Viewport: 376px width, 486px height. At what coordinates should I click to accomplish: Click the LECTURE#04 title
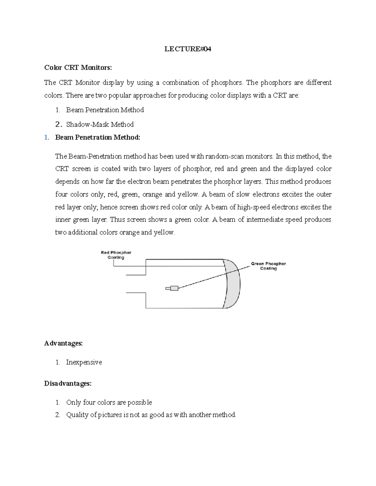pyautogui.click(x=188, y=49)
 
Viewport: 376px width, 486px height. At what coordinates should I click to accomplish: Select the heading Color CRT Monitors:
pyautogui.click(x=78, y=67)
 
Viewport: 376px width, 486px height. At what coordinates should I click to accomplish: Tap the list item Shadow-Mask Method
pyautogui.click(x=100, y=125)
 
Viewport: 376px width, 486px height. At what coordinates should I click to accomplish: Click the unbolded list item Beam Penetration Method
pyautogui.click(x=105, y=110)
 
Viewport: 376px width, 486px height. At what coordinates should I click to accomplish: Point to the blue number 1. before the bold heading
pyautogui.click(x=47, y=137)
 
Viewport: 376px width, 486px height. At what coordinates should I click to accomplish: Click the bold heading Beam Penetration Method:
pyautogui.click(x=97, y=137)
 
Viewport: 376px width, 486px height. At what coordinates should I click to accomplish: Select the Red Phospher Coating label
pyautogui.click(x=116, y=255)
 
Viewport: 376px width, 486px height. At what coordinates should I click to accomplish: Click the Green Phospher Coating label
pyautogui.click(x=268, y=266)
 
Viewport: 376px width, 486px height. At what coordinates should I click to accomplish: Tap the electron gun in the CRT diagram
pyautogui.click(x=172, y=288)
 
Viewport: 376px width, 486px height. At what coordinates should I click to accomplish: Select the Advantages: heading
pyautogui.click(x=63, y=343)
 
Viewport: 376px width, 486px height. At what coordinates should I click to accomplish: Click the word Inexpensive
pyautogui.click(x=84, y=362)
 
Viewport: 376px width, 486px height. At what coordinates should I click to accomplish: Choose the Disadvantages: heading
pyautogui.click(x=68, y=383)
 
